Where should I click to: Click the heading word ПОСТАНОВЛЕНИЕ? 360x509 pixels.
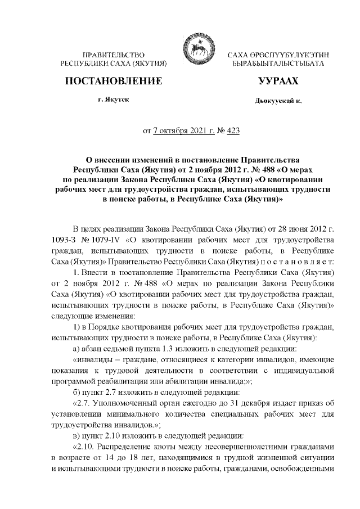click(x=114, y=82)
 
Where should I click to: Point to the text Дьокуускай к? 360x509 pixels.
click(x=278, y=101)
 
